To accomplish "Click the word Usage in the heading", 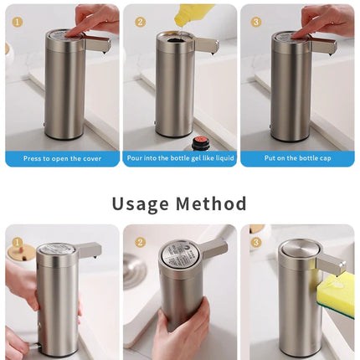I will (142, 203).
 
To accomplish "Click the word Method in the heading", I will (212, 203).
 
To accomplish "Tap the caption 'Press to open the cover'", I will (61, 158).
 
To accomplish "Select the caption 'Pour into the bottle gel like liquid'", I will (179, 158).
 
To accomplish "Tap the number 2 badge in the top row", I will (140, 22).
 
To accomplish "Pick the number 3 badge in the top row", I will (256, 22).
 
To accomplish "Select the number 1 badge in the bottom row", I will (18, 243).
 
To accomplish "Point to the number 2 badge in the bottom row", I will (140, 243).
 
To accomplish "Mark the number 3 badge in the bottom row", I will (256, 243).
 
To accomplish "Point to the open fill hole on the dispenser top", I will (173, 39).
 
